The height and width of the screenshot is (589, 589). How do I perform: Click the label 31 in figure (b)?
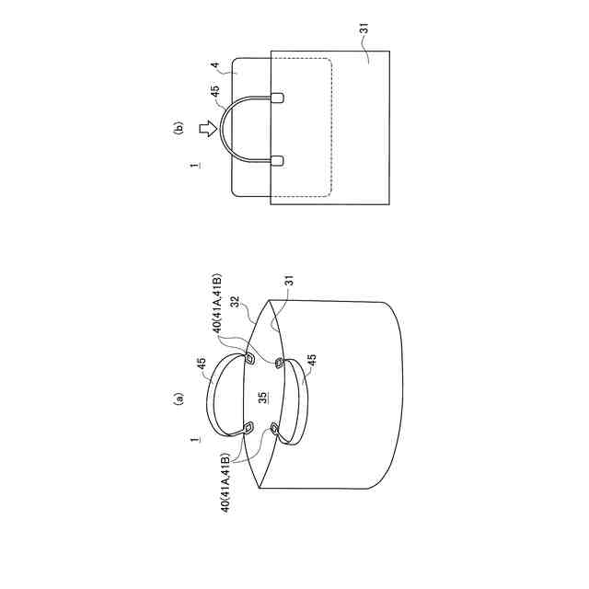click(x=364, y=29)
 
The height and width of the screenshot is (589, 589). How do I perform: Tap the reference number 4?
click(x=215, y=65)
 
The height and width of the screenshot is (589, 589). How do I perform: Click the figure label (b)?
click(x=179, y=127)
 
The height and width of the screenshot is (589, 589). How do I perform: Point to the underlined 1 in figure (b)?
click(x=194, y=166)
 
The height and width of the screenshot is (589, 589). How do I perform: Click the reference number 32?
click(x=236, y=302)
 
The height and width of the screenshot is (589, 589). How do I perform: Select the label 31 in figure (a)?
click(x=289, y=281)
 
